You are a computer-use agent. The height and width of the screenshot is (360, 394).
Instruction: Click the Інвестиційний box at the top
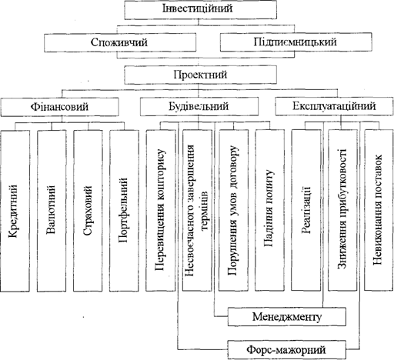[x=201, y=9]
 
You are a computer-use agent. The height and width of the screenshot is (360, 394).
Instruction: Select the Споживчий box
[x=120, y=42]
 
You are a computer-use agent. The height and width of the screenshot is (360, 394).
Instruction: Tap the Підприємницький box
[x=296, y=42]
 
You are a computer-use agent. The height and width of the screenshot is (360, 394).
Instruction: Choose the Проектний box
[x=201, y=75]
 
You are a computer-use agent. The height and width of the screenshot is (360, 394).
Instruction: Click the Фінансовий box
[x=59, y=107]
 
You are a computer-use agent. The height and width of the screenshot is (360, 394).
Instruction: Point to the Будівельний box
[x=199, y=106]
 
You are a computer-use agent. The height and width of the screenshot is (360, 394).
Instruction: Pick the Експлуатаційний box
[x=335, y=106]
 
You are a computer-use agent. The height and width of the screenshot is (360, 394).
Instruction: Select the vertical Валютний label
[x=51, y=210]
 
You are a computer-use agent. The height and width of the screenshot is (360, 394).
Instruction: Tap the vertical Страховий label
[x=88, y=211]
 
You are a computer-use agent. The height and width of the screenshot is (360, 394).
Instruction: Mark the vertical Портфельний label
[x=124, y=210]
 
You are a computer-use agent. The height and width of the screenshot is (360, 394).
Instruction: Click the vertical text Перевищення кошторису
[x=161, y=209]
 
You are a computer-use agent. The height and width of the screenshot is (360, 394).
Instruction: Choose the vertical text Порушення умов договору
[x=233, y=211]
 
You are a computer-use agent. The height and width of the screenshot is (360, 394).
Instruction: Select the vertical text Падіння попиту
[x=269, y=208]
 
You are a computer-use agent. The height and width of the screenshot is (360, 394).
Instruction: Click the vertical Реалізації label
[x=306, y=210]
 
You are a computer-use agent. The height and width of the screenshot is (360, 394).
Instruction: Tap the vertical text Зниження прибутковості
[x=342, y=208]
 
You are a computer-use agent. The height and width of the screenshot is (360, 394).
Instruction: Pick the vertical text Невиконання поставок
[x=379, y=209]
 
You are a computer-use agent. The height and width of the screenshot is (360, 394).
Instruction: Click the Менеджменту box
[x=287, y=317]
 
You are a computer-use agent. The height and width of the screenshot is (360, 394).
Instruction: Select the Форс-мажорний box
[x=286, y=350]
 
